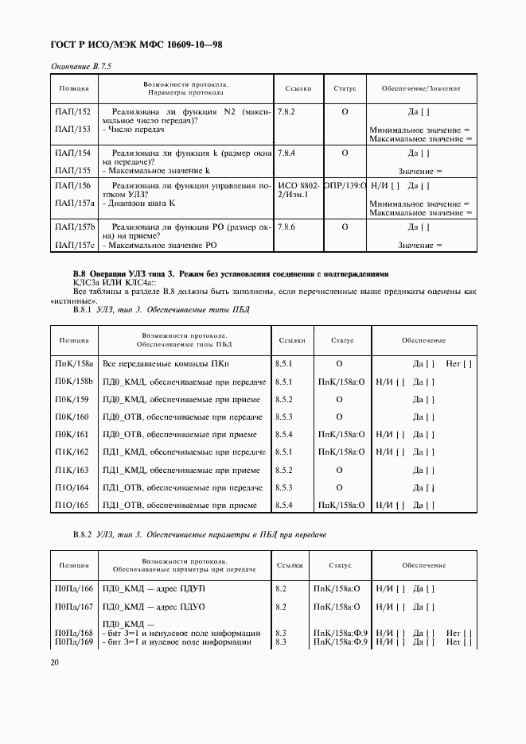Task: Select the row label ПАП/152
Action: (72, 112)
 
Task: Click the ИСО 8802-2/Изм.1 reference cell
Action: (298, 191)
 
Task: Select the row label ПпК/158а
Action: (74, 364)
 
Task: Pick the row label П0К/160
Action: (72, 417)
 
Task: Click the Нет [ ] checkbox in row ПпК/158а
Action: (459, 364)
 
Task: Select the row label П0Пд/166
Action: (74, 588)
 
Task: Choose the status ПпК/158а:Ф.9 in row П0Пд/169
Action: (340, 642)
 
